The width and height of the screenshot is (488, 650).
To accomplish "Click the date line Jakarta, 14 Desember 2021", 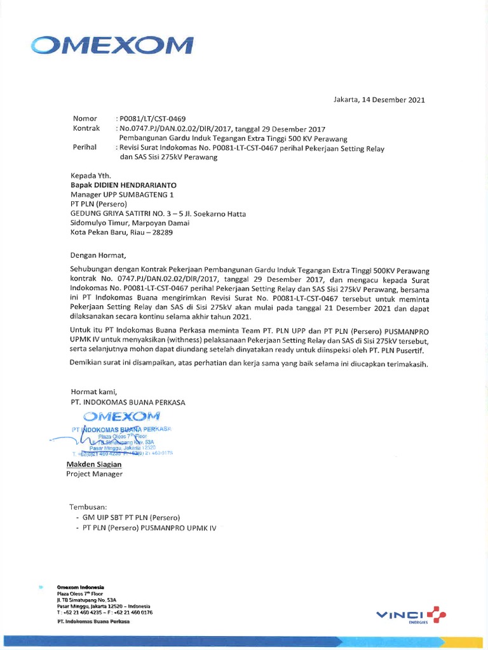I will [379, 100].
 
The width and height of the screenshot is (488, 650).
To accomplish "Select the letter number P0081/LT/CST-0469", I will [151, 119].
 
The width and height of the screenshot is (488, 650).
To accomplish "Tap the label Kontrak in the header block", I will [87, 128].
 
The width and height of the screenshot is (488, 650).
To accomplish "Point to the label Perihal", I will [85, 147].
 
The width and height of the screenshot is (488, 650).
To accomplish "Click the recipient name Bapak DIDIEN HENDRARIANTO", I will [123, 185].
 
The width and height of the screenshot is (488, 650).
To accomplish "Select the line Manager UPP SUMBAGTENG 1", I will [121, 194].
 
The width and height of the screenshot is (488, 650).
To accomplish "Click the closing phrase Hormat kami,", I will [94, 392].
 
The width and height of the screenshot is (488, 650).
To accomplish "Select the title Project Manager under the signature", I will [95, 474].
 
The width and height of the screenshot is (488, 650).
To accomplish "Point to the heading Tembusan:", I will [88, 507].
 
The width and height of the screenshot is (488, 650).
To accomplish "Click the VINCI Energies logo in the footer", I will [411, 614].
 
